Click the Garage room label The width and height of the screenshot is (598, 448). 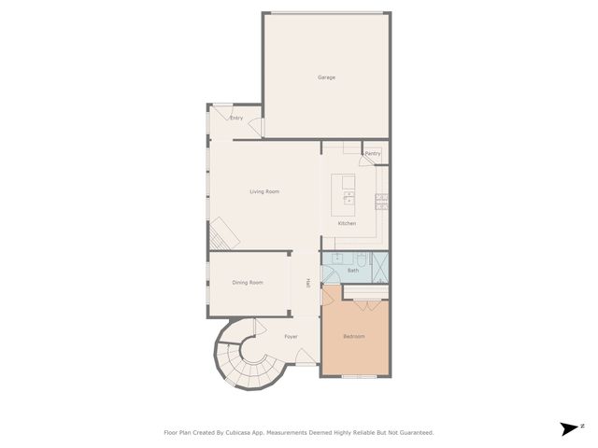(326, 77)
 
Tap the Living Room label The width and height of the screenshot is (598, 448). (264, 192)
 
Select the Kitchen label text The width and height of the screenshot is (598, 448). (347, 224)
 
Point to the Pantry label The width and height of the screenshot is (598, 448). (373, 154)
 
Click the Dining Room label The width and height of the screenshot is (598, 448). (248, 283)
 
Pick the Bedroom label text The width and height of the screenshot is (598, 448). (354, 336)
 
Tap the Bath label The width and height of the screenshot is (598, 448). (352, 271)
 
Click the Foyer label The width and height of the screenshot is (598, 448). (291, 334)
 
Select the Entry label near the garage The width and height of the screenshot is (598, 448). (236, 119)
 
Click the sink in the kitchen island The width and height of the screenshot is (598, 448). (349, 197)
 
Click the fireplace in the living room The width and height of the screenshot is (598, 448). (222, 231)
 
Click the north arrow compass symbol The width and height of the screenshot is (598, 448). (568, 428)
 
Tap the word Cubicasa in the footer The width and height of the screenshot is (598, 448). (243, 433)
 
